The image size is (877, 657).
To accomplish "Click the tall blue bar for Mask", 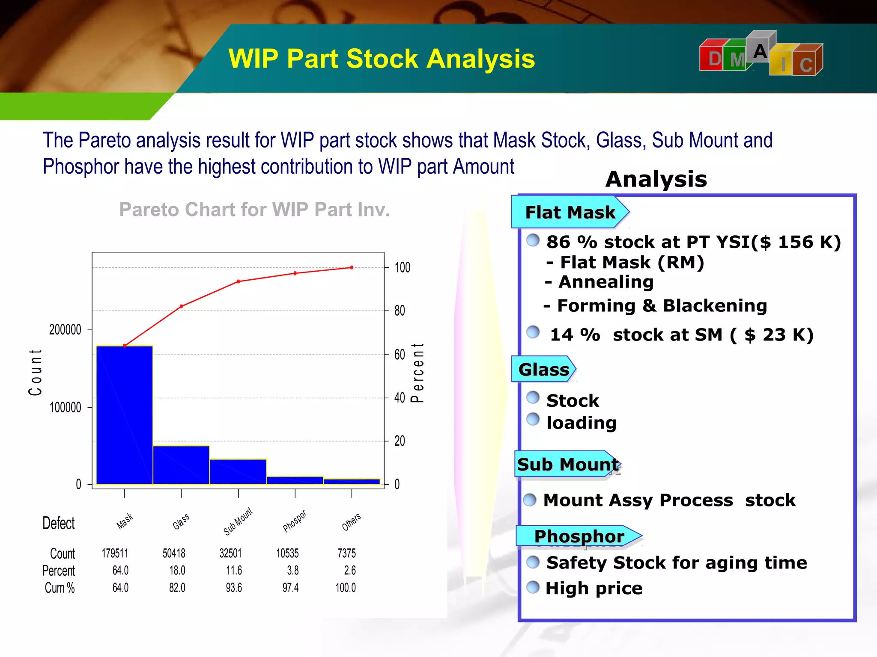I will click(125, 415).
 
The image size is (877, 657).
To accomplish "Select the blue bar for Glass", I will click(181, 465).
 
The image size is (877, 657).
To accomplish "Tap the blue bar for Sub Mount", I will click(238, 471).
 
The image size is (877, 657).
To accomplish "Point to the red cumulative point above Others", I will click(352, 268).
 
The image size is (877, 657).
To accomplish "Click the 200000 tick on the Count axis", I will click(65, 330).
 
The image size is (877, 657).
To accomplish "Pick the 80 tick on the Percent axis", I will click(399, 311).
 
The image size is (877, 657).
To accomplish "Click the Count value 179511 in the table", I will click(115, 553).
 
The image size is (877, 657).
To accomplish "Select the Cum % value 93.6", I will click(234, 588).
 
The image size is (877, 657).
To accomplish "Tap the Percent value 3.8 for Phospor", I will click(293, 571).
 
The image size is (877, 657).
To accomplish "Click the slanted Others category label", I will click(351, 522).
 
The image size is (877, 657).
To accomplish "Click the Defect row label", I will click(58, 523).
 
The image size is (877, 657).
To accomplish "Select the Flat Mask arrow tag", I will click(570, 212).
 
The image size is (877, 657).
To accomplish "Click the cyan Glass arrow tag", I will click(543, 370).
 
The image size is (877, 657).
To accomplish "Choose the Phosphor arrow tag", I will click(579, 536).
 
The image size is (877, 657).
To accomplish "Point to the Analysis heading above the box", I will click(656, 179).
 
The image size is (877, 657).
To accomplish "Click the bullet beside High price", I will click(533, 587).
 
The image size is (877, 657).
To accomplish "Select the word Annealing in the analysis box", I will click(606, 282).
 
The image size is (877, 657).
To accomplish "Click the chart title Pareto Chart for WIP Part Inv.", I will click(254, 210).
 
